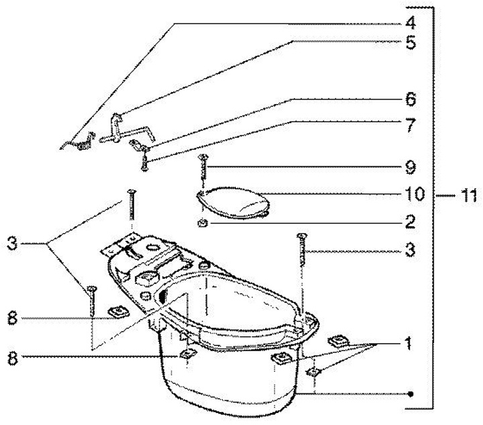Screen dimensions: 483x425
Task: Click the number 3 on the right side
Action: (411, 252)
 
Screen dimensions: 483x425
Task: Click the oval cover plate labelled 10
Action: (236, 200)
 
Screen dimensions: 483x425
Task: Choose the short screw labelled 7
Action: (144, 160)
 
